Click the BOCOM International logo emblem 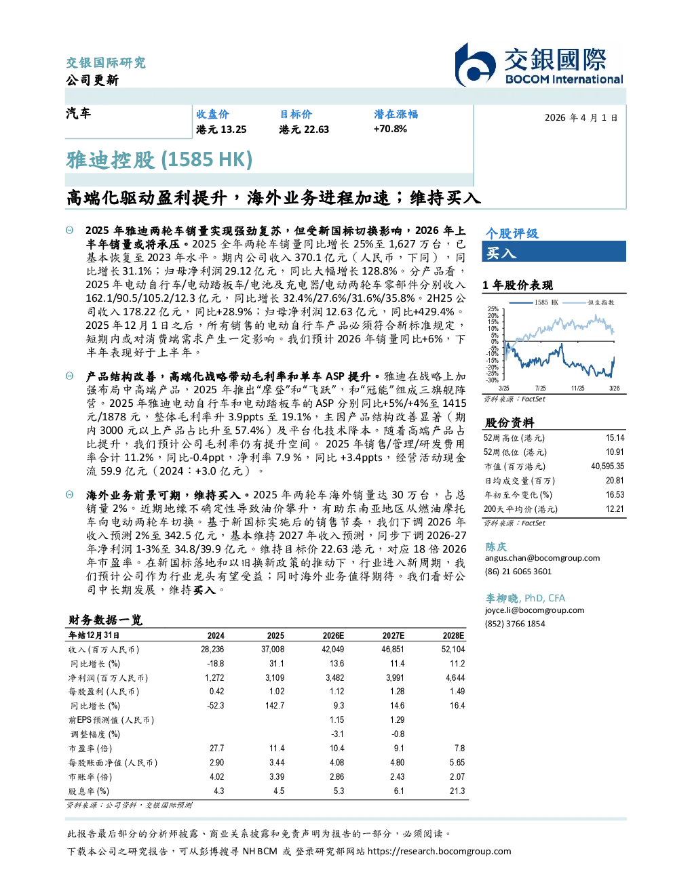(475, 65)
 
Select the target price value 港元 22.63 (304, 130)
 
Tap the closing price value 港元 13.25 (221, 130)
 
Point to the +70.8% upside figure (390, 130)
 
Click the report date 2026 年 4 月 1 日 (581, 118)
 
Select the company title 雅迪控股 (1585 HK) (159, 160)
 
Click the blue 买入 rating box (554, 252)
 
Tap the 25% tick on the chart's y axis (493, 309)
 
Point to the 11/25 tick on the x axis (577, 389)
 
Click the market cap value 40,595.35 (607, 466)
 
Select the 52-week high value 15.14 (615, 438)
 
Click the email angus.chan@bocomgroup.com (542, 558)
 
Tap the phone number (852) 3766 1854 (515, 624)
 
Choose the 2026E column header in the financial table (333, 635)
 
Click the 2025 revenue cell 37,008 (273, 650)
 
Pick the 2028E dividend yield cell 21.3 (457, 791)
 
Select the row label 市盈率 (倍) (90, 749)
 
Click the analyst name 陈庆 (496, 546)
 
